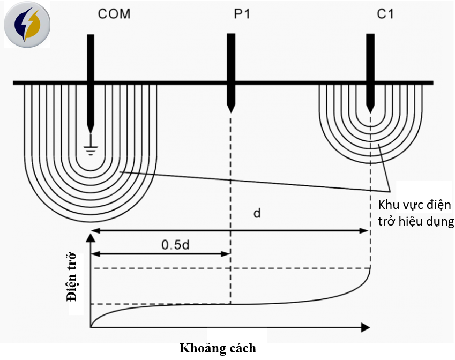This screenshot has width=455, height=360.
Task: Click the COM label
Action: tap(114, 14)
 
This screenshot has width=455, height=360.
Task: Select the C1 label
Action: tap(385, 14)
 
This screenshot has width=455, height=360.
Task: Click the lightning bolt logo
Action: tap(27, 25)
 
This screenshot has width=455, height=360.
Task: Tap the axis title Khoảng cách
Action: tap(217, 348)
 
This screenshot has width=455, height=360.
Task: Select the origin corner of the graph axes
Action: tap(92, 326)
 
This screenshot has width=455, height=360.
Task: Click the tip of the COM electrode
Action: tap(91, 130)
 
